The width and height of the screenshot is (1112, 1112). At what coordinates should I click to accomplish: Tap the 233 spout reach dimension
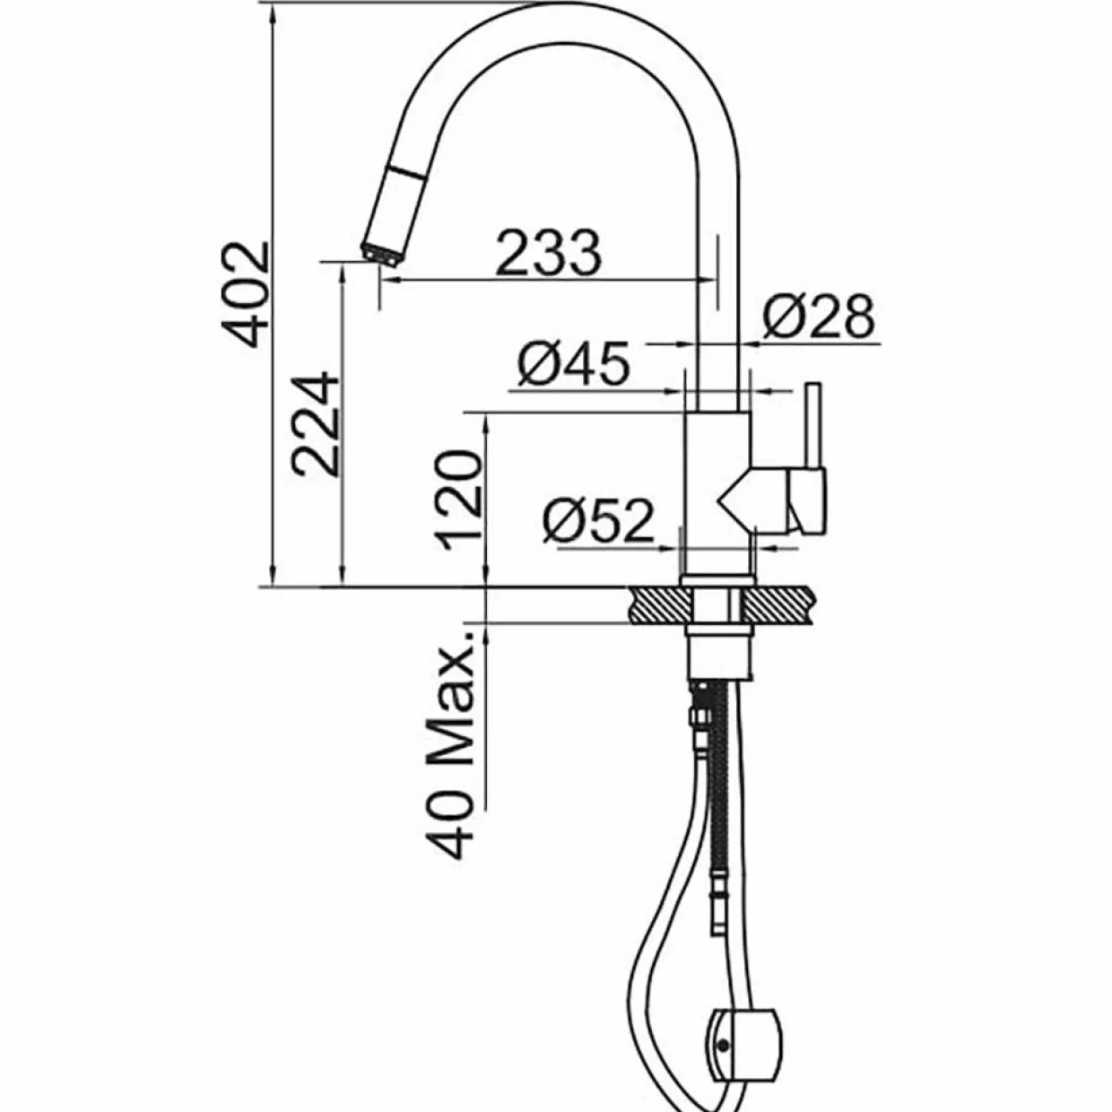click(548, 253)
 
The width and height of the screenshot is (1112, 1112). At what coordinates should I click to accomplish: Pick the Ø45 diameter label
click(573, 364)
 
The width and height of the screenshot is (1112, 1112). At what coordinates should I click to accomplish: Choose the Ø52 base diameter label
click(598, 520)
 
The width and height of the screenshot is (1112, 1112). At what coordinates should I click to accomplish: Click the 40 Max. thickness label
click(450, 753)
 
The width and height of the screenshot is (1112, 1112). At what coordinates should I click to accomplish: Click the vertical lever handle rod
click(814, 427)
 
